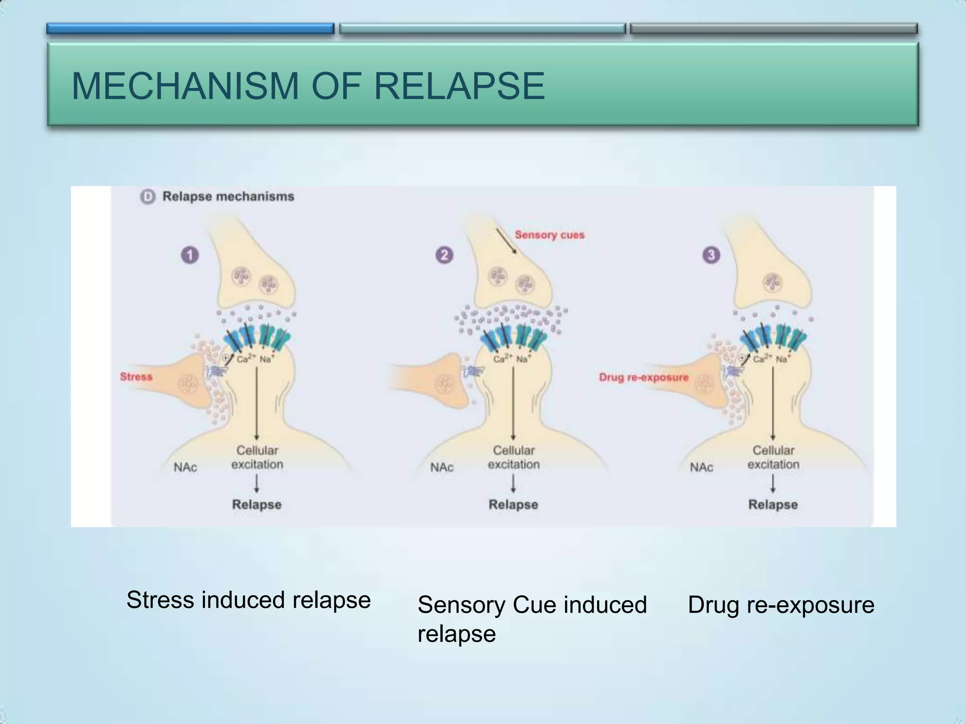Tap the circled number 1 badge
click(x=190, y=255)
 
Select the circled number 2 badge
click(x=444, y=255)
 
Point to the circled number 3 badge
click(x=711, y=255)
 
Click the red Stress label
click(x=136, y=377)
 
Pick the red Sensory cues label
click(x=550, y=235)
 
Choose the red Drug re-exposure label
click(x=643, y=377)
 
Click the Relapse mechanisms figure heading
click(x=228, y=197)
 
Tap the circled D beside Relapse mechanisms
click(x=148, y=197)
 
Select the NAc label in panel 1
click(x=185, y=467)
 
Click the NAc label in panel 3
click(x=701, y=467)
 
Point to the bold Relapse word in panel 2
click(x=513, y=504)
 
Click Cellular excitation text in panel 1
click(x=257, y=457)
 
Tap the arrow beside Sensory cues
click(x=506, y=241)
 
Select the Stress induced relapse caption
click(x=249, y=600)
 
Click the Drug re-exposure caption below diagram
click(x=781, y=605)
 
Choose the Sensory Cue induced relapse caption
click(x=532, y=618)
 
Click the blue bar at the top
click(x=190, y=29)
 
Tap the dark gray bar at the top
click(x=774, y=29)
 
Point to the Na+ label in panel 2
click(x=522, y=359)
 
